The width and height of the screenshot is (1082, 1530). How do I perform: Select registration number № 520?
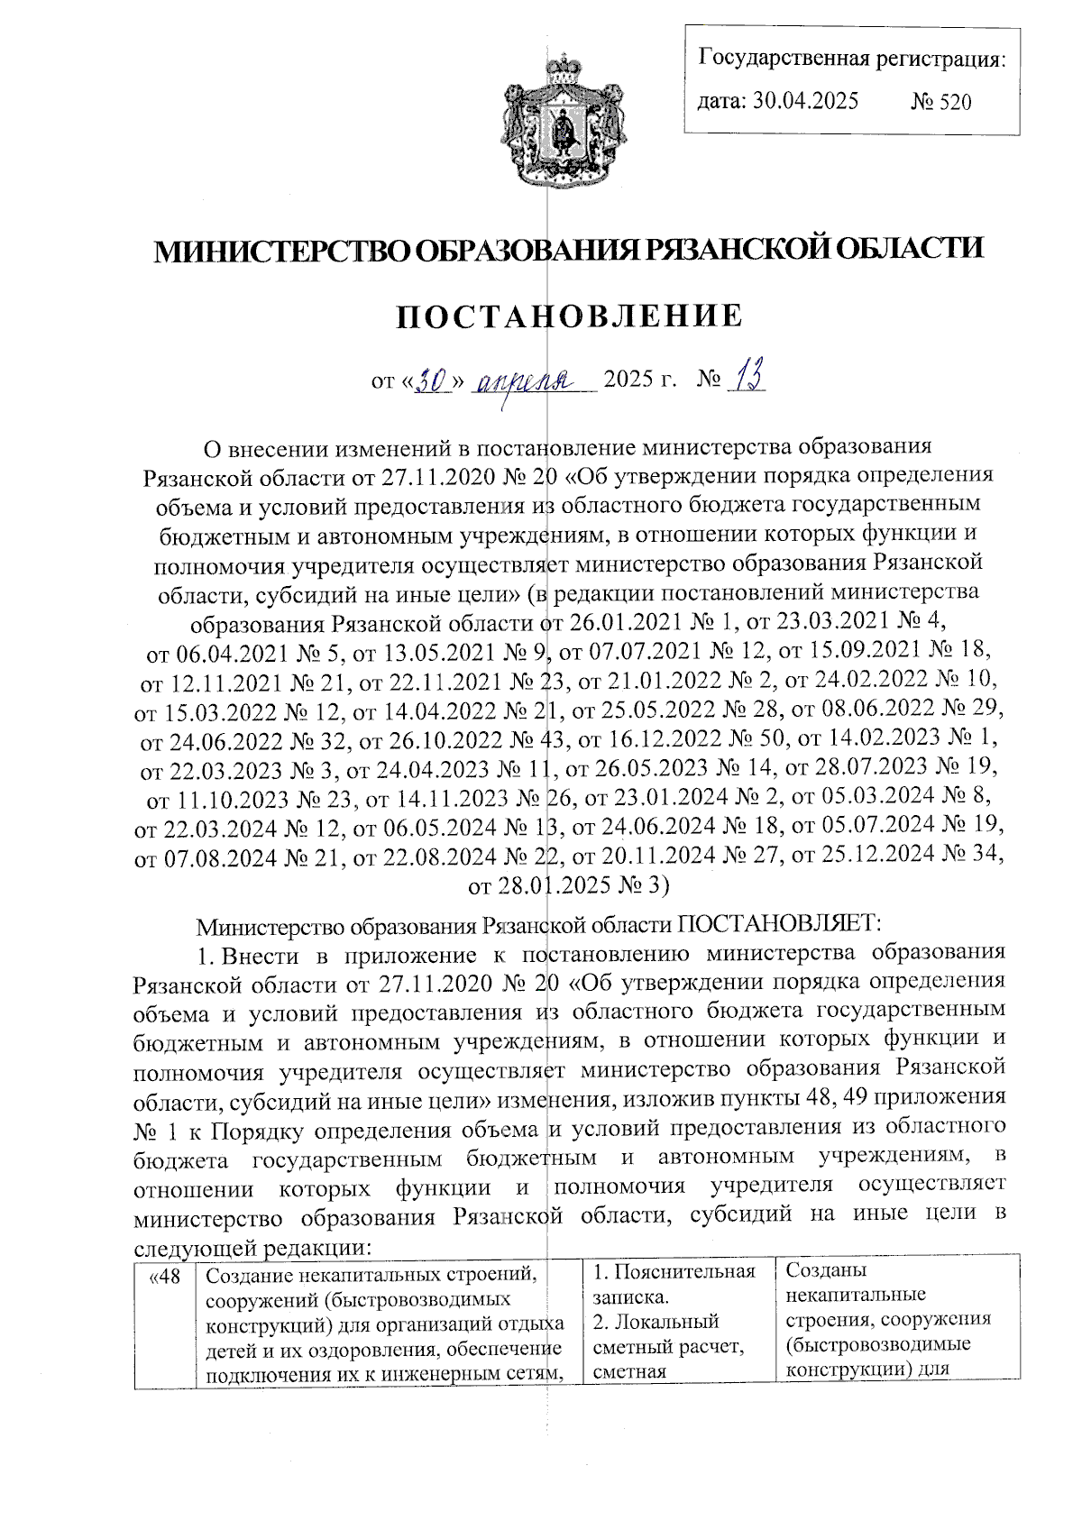click(x=941, y=101)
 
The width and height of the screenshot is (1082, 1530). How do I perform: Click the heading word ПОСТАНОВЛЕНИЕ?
click(x=570, y=316)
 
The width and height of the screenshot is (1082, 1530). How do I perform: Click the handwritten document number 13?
click(x=747, y=378)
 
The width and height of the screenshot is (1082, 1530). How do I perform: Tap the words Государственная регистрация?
click(x=851, y=60)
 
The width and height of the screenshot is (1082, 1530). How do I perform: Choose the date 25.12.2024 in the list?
click(x=864, y=856)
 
